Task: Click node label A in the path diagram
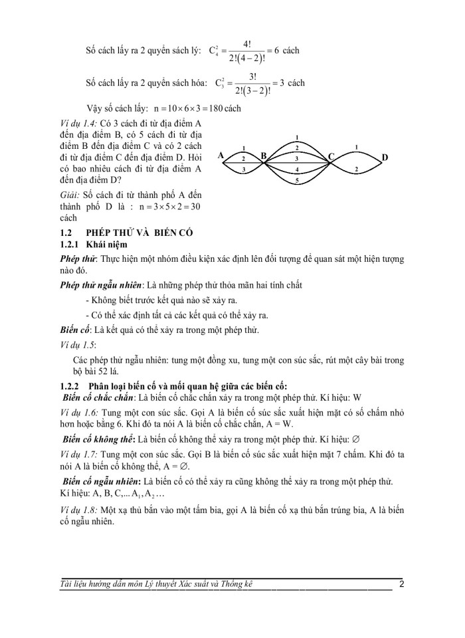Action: coord(221,154)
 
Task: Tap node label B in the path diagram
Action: coord(263,156)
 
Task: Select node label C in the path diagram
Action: coord(330,157)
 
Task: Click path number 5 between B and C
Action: coord(297,180)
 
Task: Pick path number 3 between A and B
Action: coord(243,170)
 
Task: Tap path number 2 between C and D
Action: coord(357,170)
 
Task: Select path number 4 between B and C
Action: coord(297,170)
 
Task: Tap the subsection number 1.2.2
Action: coord(70,387)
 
